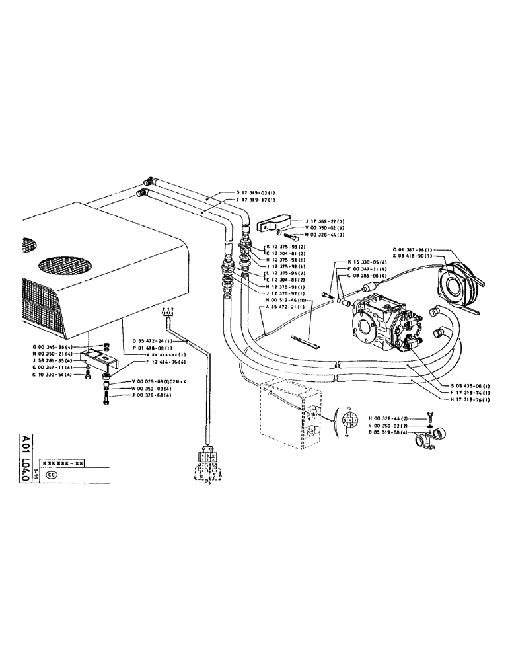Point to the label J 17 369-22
(325, 221)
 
